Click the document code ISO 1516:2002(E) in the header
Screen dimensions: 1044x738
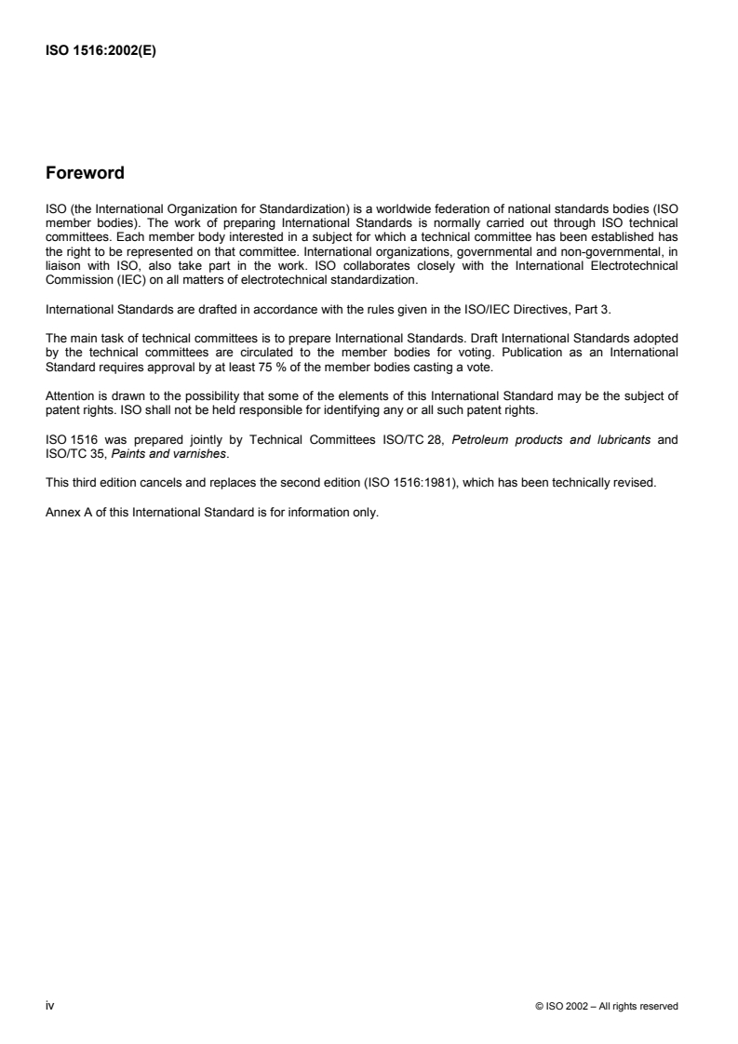click(x=101, y=52)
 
